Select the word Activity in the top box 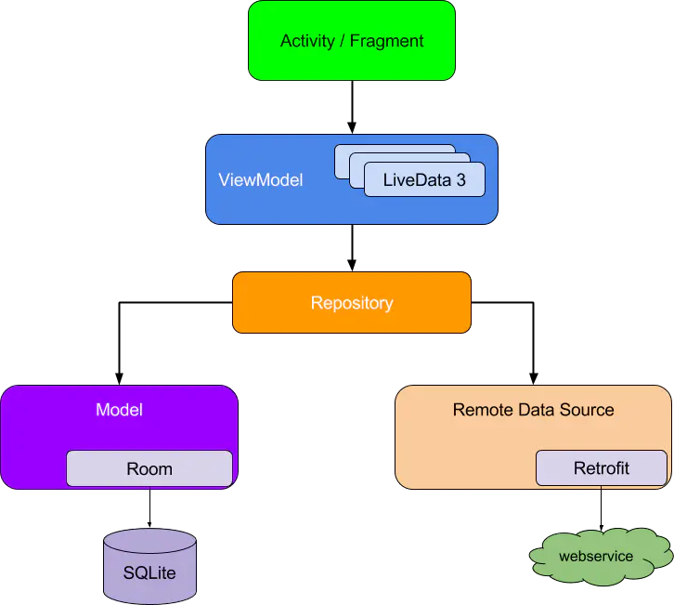pos(306,41)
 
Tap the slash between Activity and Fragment pos(342,41)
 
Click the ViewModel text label pos(261,180)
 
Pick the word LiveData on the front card pos(409,180)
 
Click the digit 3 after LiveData pos(461,180)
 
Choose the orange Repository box pos(351,303)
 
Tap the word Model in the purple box pos(119,410)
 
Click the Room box pos(149,468)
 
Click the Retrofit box pos(601,468)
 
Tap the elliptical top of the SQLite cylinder pos(149,540)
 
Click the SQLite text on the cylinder pos(149,572)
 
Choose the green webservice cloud pos(595,558)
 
